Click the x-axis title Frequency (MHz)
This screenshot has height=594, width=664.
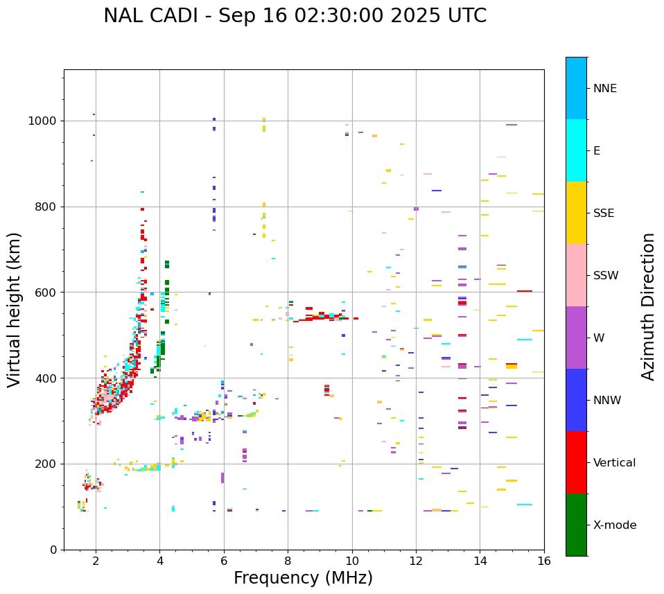(303, 578)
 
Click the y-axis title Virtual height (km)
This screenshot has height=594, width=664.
(15, 309)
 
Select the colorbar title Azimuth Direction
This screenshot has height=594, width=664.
(648, 306)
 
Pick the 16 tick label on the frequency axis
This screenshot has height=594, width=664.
(544, 561)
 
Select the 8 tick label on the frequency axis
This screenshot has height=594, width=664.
(288, 561)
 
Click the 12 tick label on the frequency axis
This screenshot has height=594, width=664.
(416, 561)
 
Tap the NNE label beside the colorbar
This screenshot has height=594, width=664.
(604, 89)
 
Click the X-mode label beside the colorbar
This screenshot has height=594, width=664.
(615, 525)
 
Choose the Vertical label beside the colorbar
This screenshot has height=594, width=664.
(614, 463)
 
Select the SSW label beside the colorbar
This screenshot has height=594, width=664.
(606, 276)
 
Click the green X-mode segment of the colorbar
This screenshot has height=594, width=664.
(576, 525)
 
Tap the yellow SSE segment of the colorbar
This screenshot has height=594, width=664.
(576, 213)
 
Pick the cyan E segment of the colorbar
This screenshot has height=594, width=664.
(576, 150)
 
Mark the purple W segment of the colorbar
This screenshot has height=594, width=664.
(576, 338)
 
